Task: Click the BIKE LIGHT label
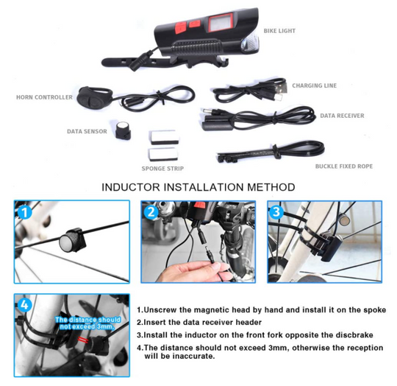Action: [x=279, y=31]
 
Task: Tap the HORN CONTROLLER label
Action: [x=44, y=97]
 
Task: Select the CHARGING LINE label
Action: [x=315, y=85]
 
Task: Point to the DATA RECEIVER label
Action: [x=342, y=116]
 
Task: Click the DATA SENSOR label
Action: [x=87, y=131]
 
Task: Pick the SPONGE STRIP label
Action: [x=162, y=169]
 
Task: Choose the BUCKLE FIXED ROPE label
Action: [x=344, y=166]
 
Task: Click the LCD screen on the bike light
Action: [x=221, y=23]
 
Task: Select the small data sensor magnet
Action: [x=124, y=130]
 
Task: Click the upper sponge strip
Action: [x=164, y=137]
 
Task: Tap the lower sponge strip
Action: [x=162, y=154]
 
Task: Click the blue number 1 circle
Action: [x=24, y=212]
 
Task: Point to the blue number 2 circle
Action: [x=151, y=212]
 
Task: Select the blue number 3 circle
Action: [x=276, y=211]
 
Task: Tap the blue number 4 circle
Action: [x=24, y=304]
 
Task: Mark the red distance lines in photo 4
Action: [x=84, y=340]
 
